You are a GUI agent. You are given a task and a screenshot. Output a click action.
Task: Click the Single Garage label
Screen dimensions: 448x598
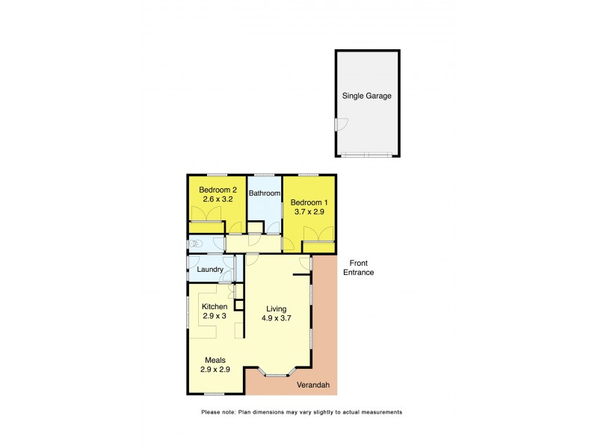pos(367,96)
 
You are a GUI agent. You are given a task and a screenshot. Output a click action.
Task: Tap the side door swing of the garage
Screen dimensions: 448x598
pos(341,125)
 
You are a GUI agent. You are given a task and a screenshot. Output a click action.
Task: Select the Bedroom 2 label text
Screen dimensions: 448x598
pos(218,190)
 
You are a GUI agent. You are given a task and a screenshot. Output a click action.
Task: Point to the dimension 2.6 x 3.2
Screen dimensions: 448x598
pos(218,200)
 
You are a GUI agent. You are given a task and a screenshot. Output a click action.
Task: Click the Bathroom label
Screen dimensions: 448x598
pos(264,193)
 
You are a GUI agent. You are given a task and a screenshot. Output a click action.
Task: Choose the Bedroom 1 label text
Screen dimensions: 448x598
pos(309,202)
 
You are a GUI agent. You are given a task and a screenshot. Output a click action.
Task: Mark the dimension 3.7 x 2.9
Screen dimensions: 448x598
pos(309,213)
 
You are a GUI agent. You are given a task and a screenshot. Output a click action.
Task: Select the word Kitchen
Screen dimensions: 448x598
pos(214,306)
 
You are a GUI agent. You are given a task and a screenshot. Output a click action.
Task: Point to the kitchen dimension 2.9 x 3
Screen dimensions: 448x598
pos(214,317)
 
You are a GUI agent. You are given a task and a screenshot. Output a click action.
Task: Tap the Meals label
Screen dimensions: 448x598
pos(215,360)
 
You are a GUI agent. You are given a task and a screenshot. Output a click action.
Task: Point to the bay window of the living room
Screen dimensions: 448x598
pos(278,370)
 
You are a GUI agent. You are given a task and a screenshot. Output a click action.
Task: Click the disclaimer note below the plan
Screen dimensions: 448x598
pos(301,411)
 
